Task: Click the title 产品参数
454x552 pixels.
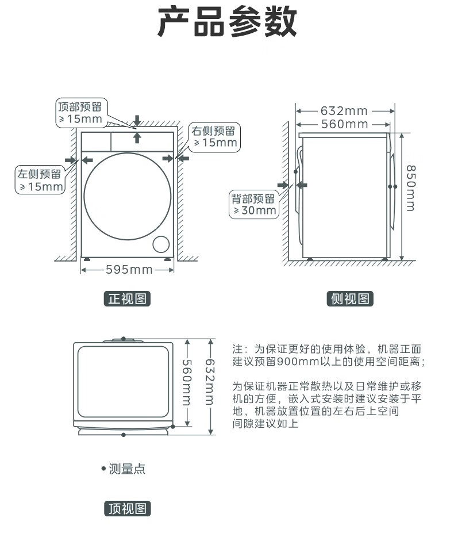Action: pyautogui.click(x=227, y=23)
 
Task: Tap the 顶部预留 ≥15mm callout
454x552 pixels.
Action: pyautogui.click(x=80, y=113)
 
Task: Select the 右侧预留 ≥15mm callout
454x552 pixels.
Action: pyautogui.click(x=215, y=137)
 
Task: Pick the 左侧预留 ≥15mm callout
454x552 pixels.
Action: pyautogui.click(x=40, y=180)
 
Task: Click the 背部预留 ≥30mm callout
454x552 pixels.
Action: pyautogui.click(x=253, y=205)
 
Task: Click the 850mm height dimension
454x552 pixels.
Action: pyautogui.click(x=410, y=188)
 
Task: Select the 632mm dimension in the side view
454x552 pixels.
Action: pyautogui.click(x=344, y=110)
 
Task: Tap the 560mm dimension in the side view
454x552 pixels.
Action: pyautogui.click(x=344, y=124)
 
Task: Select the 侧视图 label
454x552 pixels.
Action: pyautogui.click(x=350, y=299)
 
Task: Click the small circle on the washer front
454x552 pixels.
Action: pyautogui.click(x=162, y=244)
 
